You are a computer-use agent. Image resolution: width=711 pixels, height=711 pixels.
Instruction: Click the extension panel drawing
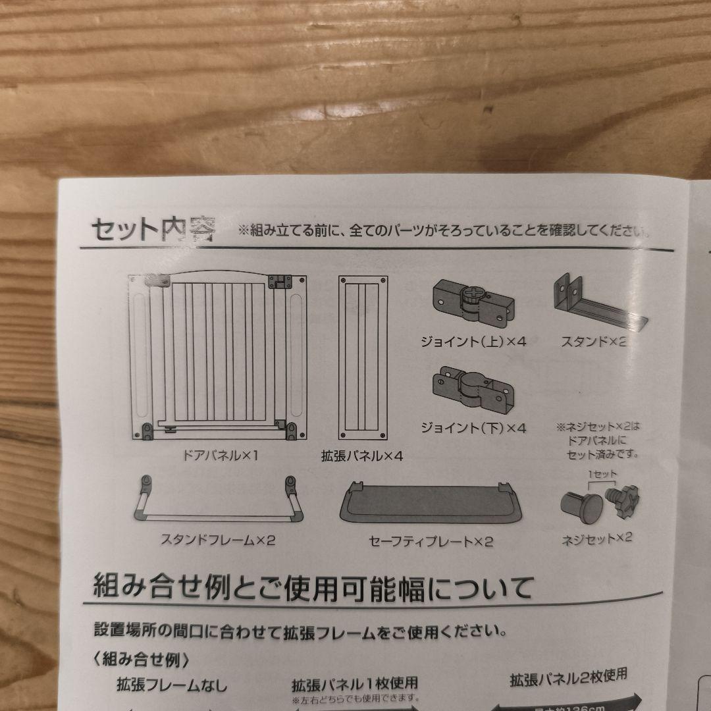coord(363,357)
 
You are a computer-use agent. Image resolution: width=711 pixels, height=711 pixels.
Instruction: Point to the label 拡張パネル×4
coord(361,456)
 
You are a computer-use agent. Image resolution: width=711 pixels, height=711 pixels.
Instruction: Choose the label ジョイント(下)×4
coord(473,428)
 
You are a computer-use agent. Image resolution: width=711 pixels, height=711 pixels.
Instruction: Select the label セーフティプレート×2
coord(431,542)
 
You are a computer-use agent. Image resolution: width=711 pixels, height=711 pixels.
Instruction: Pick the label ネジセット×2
coord(596,538)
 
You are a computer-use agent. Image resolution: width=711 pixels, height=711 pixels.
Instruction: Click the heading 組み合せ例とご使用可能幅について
coord(312,587)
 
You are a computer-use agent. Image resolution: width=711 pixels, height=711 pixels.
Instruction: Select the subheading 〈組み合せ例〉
coord(142,658)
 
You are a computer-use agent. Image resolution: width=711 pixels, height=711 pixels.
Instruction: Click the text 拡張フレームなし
coord(172,685)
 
